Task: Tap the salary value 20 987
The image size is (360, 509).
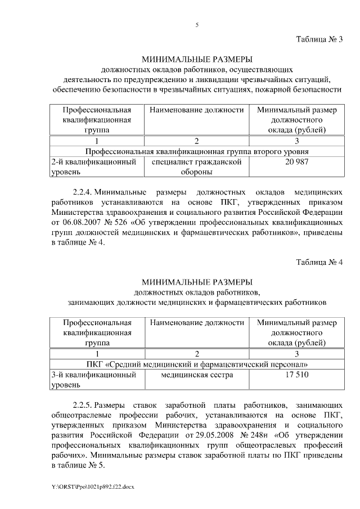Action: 296,162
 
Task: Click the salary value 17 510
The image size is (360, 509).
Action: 296,375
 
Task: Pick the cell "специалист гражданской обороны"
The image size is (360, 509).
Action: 196,167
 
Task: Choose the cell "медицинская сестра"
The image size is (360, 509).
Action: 196,375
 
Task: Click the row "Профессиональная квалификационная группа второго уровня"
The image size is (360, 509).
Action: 196,151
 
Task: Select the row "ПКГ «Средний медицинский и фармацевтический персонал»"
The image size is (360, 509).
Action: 196,364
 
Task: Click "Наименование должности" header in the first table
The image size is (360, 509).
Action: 196,110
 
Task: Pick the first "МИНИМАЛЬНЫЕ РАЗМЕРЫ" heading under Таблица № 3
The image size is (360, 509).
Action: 196,59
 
